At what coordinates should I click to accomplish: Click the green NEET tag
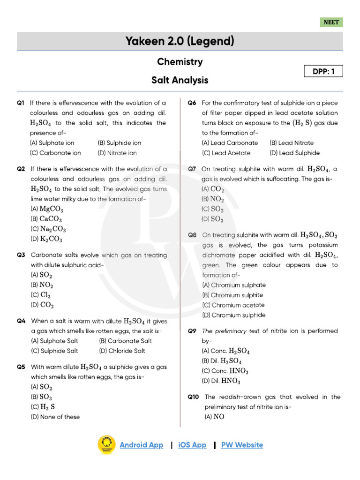click(x=331, y=22)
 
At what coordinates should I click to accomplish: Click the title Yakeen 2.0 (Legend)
click(x=180, y=41)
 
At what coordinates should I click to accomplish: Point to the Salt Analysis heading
click(x=180, y=80)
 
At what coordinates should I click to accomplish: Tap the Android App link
click(x=141, y=445)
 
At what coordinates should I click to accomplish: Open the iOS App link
click(x=192, y=445)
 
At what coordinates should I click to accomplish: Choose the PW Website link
click(x=242, y=445)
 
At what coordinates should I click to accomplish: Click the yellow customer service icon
click(x=106, y=445)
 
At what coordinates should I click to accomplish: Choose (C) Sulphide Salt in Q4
click(x=54, y=351)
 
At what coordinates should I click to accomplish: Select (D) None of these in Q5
click(x=55, y=417)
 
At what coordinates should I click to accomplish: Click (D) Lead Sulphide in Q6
click(x=294, y=153)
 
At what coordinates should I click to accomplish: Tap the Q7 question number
click(x=192, y=169)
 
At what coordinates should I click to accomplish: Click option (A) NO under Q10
click(x=213, y=417)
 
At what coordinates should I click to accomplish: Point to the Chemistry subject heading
click(x=180, y=62)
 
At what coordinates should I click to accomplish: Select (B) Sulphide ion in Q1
click(x=119, y=143)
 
